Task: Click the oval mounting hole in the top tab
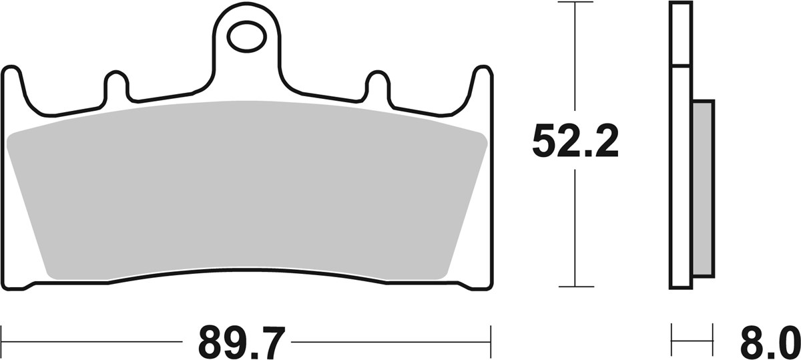[x=245, y=37]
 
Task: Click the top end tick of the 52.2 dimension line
[x=575, y=3]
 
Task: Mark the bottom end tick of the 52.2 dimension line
[x=575, y=287]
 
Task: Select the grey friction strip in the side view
[x=703, y=188]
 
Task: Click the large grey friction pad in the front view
[x=247, y=194]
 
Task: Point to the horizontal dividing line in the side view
[x=680, y=66]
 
